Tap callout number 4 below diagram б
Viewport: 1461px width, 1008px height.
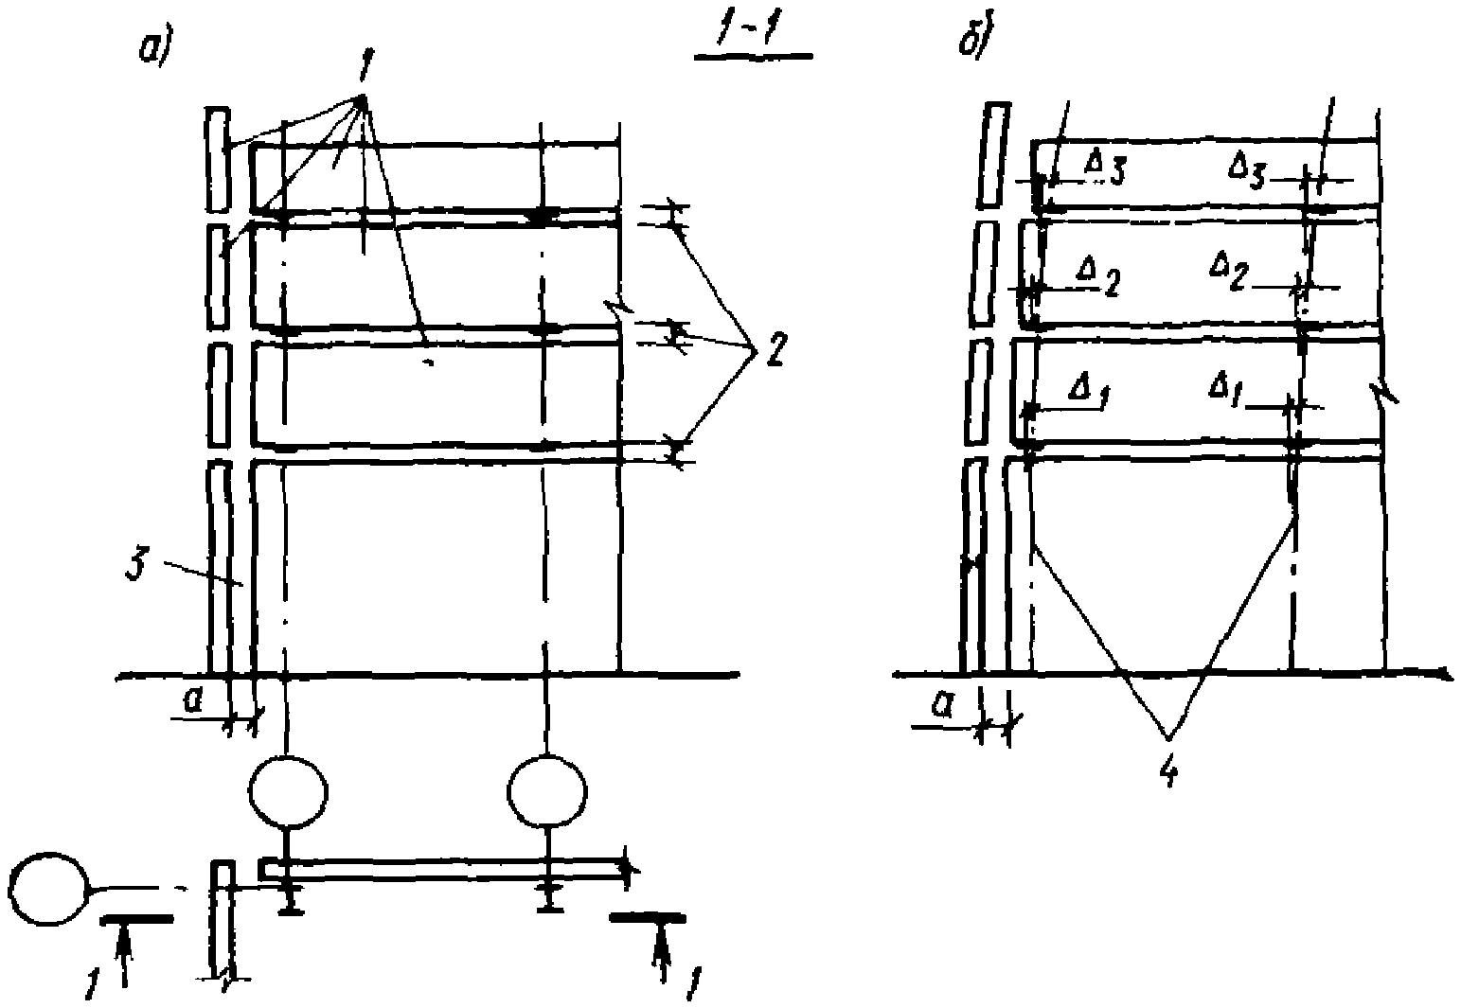(x=1169, y=770)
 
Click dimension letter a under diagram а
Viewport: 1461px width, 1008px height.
(x=193, y=699)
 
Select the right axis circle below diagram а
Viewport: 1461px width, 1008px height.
(x=547, y=788)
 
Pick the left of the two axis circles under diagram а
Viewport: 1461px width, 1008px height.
(x=288, y=788)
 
